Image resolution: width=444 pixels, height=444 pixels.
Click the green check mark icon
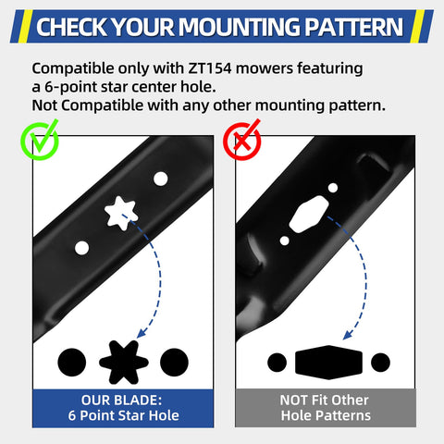click(40, 141)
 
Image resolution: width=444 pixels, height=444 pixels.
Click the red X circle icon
click(242, 141)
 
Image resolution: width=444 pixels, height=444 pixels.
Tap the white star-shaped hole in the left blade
click(120, 213)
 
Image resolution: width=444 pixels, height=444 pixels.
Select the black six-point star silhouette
click(124, 362)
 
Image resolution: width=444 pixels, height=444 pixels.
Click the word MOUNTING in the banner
click(240, 27)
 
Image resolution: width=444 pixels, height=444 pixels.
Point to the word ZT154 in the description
click(210, 68)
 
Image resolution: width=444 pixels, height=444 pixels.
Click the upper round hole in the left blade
click(160, 179)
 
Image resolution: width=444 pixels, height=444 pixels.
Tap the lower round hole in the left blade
click(81, 248)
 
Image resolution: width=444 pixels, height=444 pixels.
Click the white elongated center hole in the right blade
click(309, 215)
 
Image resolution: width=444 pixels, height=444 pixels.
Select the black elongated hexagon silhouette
click(328, 363)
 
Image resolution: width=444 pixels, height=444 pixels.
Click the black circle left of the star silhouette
click(72, 363)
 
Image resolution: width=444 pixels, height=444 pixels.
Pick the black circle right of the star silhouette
click(174, 363)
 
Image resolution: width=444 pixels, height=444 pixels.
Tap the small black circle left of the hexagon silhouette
click(277, 363)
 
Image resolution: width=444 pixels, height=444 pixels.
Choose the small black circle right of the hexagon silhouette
click(380, 363)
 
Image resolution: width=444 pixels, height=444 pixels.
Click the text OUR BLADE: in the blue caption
click(121, 401)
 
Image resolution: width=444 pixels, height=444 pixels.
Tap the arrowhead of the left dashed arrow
click(142, 334)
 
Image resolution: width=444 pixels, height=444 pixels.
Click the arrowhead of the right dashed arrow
click(348, 335)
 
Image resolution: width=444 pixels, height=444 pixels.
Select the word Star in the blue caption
click(132, 415)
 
